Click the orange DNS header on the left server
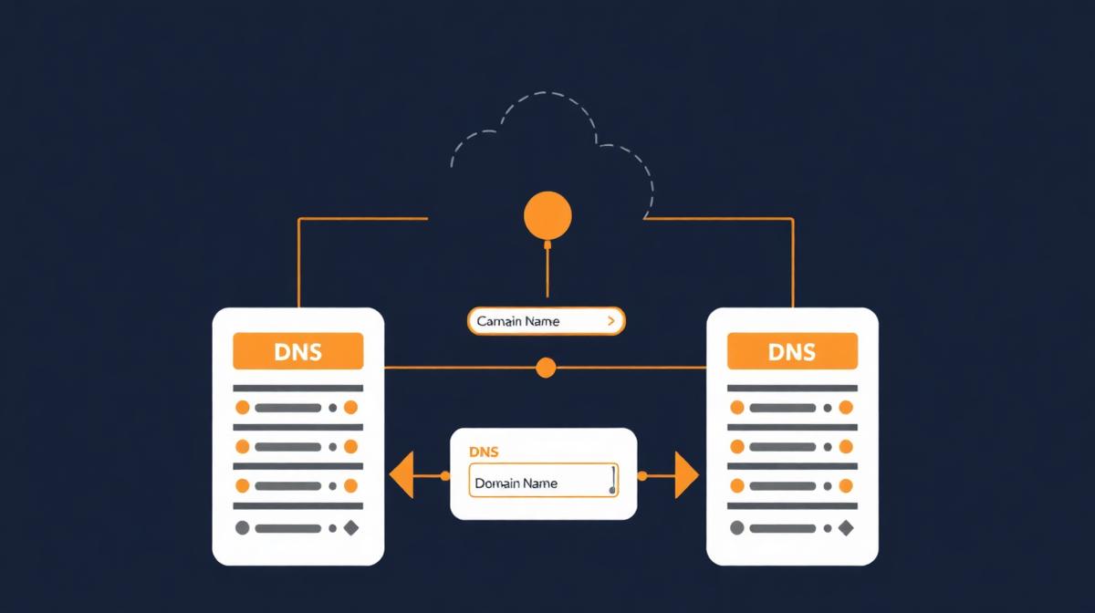click(x=297, y=351)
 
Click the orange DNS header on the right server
click(x=792, y=351)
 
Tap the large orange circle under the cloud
click(x=547, y=216)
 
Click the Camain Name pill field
click(x=546, y=321)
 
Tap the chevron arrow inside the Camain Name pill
click(x=610, y=321)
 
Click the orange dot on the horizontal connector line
click(x=546, y=368)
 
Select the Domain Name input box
click(x=543, y=482)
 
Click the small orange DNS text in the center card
click(x=484, y=452)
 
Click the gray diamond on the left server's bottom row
click(x=350, y=527)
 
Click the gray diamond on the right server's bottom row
click(x=845, y=527)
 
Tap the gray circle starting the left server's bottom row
click(x=243, y=527)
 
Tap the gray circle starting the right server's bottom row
click(x=737, y=527)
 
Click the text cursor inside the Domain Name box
click(x=612, y=480)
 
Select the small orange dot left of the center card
click(x=445, y=475)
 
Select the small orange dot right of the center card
click(x=642, y=475)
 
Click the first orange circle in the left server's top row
click(x=243, y=408)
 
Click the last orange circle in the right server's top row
click(x=845, y=408)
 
